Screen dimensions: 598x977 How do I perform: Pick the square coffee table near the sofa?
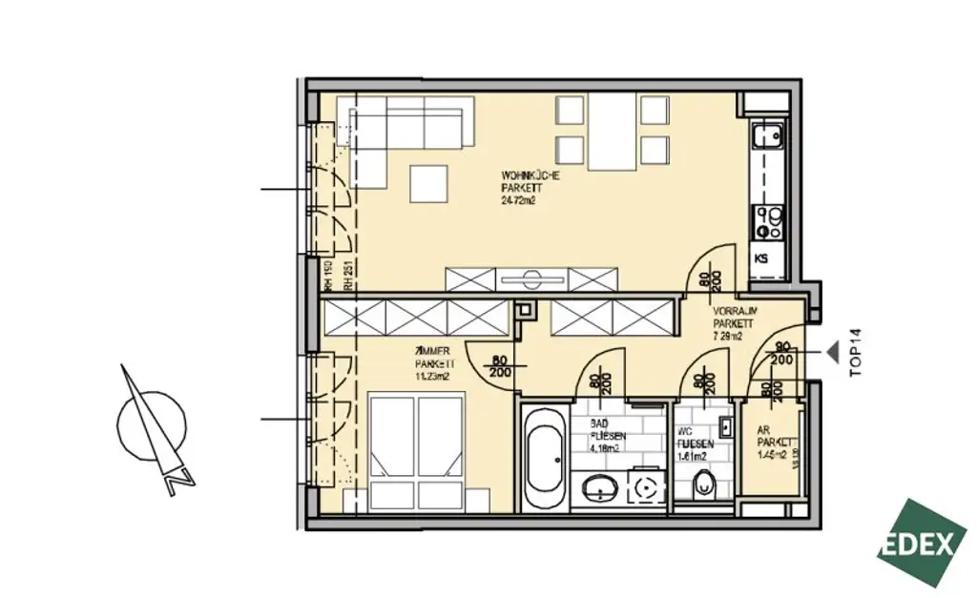[x=428, y=182]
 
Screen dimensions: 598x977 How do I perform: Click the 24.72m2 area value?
[x=519, y=201]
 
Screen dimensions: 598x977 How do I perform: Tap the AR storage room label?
[x=763, y=430]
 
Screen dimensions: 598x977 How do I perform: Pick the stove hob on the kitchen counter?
[x=768, y=223]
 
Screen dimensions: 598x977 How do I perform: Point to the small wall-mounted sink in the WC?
[x=725, y=425]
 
